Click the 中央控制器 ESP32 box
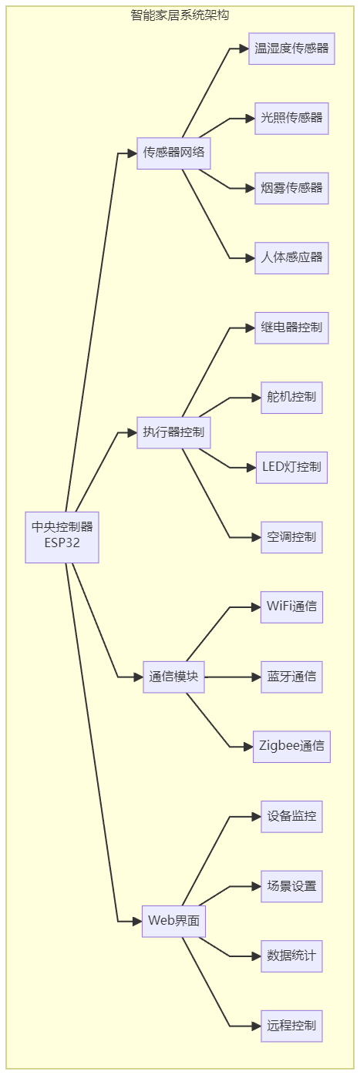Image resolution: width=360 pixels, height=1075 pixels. point(62,537)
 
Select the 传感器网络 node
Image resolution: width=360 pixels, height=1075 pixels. point(173,153)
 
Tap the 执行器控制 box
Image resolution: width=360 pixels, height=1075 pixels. point(173,433)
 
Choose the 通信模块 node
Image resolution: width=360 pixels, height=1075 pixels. point(173,677)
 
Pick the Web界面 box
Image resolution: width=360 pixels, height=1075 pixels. point(173,922)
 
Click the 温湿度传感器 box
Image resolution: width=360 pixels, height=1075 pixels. point(291,49)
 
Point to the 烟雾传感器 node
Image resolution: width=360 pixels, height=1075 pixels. point(291,188)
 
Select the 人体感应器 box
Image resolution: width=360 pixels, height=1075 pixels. point(291,258)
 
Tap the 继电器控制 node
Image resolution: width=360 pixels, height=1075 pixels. point(291,328)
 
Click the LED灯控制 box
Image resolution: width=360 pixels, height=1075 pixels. point(291,468)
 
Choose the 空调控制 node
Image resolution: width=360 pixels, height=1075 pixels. point(291,538)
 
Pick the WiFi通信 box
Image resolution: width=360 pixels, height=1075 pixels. point(291,607)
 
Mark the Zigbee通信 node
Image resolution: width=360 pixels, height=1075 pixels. point(291,747)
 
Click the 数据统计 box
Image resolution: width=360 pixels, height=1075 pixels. point(291,956)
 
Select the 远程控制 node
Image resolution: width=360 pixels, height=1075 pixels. point(291,1026)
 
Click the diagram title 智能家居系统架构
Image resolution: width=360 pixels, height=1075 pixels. point(180,15)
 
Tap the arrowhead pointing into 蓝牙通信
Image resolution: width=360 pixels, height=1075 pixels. point(257,677)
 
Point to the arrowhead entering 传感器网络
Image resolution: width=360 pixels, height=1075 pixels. point(132,153)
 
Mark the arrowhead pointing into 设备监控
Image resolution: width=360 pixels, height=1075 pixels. point(257,817)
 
